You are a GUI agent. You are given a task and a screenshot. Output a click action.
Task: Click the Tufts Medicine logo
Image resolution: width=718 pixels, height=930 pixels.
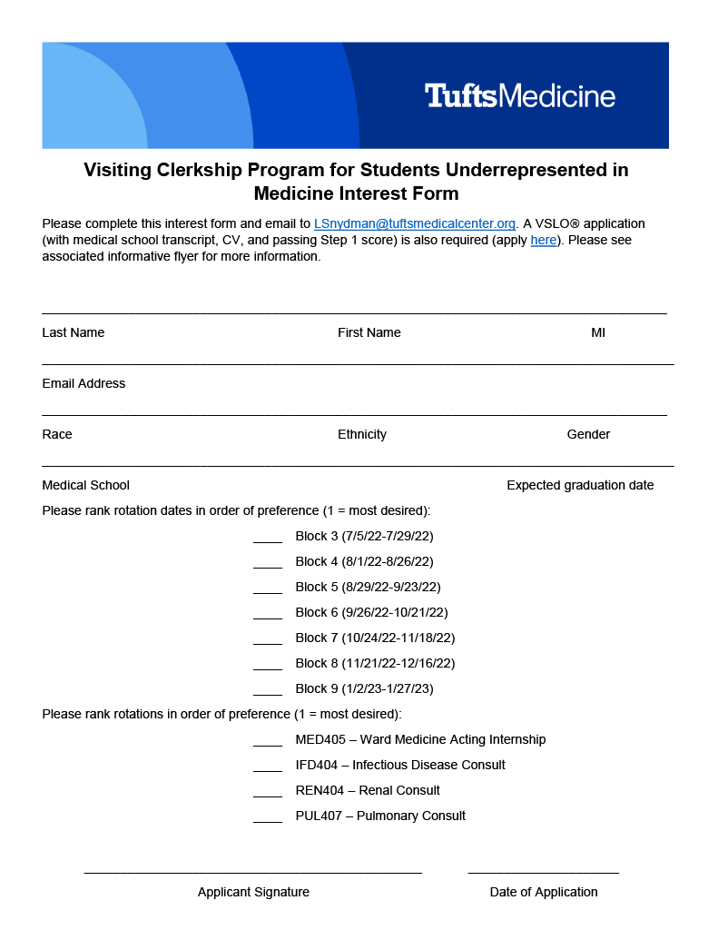(519, 95)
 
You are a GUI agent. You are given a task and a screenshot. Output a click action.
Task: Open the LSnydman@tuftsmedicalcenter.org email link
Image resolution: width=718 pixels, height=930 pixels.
(414, 223)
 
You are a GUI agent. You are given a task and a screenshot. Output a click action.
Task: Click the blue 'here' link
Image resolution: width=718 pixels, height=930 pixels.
(543, 240)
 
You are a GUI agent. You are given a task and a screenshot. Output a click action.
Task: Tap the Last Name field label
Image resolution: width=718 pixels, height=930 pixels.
(73, 332)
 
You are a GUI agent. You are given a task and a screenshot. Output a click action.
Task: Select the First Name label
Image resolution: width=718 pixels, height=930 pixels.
(369, 332)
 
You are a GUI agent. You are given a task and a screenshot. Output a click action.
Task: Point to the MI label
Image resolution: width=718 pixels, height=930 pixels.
(597, 332)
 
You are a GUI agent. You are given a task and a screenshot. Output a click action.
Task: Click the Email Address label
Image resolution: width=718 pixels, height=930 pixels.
(84, 383)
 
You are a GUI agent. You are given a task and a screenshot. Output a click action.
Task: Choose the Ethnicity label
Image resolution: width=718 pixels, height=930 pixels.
(361, 434)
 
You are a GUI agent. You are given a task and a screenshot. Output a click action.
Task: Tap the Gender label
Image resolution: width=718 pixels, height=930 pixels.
(588, 434)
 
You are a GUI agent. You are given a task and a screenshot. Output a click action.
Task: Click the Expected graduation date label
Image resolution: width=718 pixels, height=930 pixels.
(580, 485)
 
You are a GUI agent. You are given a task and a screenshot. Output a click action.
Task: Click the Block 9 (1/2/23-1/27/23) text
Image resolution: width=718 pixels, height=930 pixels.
(364, 688)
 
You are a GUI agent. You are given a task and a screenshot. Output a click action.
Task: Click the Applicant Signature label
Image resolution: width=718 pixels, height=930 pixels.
(253, 892)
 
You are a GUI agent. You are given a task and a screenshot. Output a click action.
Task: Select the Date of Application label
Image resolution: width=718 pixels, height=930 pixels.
(543, 892)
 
